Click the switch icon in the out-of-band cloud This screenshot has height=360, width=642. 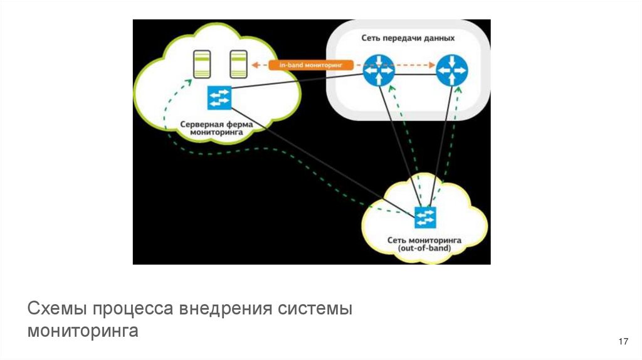425,217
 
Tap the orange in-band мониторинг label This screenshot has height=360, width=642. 311,65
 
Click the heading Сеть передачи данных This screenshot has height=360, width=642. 408,38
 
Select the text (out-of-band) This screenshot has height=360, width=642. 424,248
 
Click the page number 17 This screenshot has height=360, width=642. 623,342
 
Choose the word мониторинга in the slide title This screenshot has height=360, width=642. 83,331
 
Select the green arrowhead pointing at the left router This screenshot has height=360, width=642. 392,90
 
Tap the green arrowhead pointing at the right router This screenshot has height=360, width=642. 461,90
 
